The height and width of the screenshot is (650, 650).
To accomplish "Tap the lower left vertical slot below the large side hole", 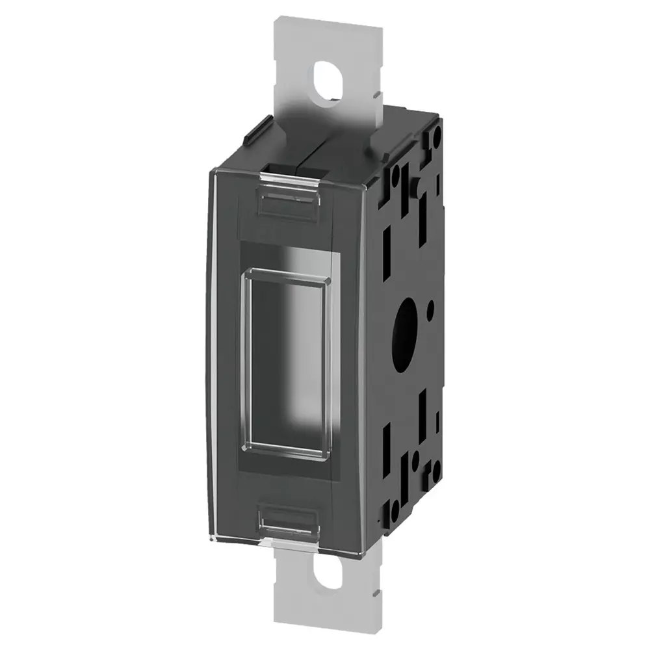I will [x=388, y=434].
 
